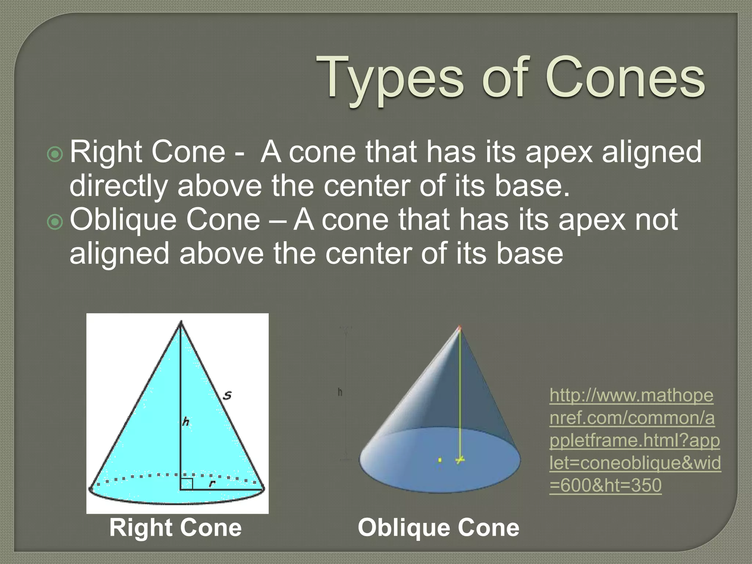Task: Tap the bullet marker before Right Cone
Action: (55, 154)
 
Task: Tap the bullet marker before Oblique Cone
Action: (55, 222)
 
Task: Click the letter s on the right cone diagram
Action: (228, 395)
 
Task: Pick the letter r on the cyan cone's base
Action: (211, 484)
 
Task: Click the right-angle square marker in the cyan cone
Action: (187, 484)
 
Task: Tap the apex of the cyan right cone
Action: (180, 322)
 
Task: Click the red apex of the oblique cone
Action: (459, 326)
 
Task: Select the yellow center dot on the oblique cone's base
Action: (440, 460)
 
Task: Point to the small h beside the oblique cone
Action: (340, 392)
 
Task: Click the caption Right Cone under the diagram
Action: (176, 528)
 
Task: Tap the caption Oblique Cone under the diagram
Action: (438, 528)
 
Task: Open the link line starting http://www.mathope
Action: (631, 395)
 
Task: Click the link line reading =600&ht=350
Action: (605, 485)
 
